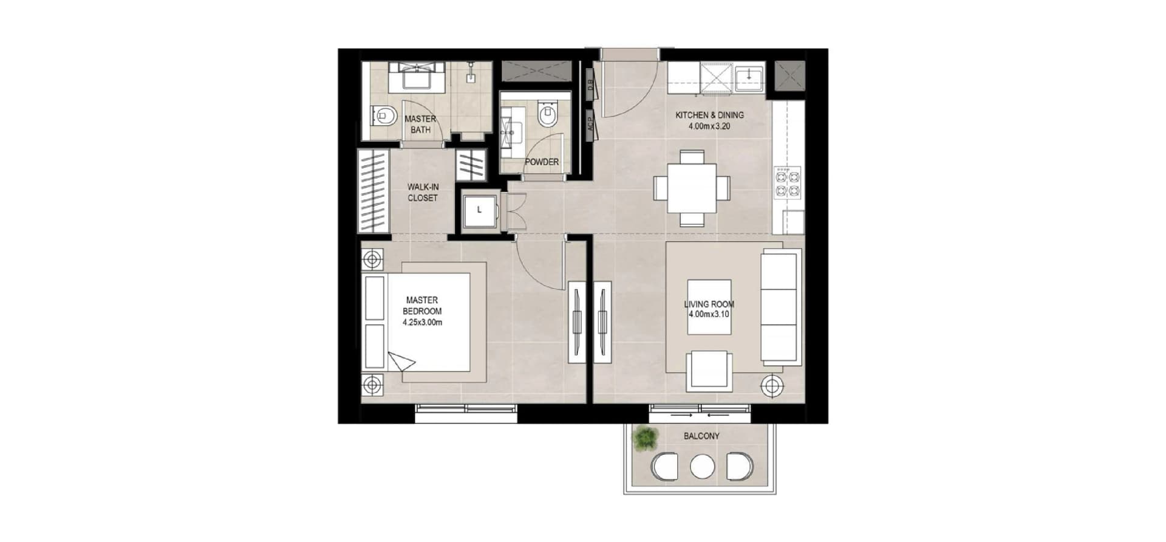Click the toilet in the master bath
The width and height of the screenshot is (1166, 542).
[381, 115]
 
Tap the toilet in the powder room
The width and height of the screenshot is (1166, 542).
[547, 114]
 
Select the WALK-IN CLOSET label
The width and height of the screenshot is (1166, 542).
[423, 193]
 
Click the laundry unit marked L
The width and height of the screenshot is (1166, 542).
[480, 210]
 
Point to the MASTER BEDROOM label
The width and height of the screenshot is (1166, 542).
[422, 306]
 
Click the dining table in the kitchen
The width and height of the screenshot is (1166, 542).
[692, 188]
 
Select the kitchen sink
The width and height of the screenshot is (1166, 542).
[751, 77]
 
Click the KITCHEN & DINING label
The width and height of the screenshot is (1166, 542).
[709, 115]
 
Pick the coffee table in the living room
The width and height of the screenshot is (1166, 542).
[709, 307]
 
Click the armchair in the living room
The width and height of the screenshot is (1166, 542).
[709, 371]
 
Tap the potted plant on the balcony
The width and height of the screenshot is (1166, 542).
[644, 439]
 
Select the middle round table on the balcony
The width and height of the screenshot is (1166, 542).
[703, 467]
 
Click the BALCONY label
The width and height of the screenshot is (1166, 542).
[701, 436]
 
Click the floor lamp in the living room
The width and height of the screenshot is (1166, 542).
[772, 385]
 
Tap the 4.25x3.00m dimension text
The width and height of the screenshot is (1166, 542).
[422, 323]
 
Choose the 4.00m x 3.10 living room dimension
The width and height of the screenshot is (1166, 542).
[709, 315]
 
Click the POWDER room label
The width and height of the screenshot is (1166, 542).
[542, 162]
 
